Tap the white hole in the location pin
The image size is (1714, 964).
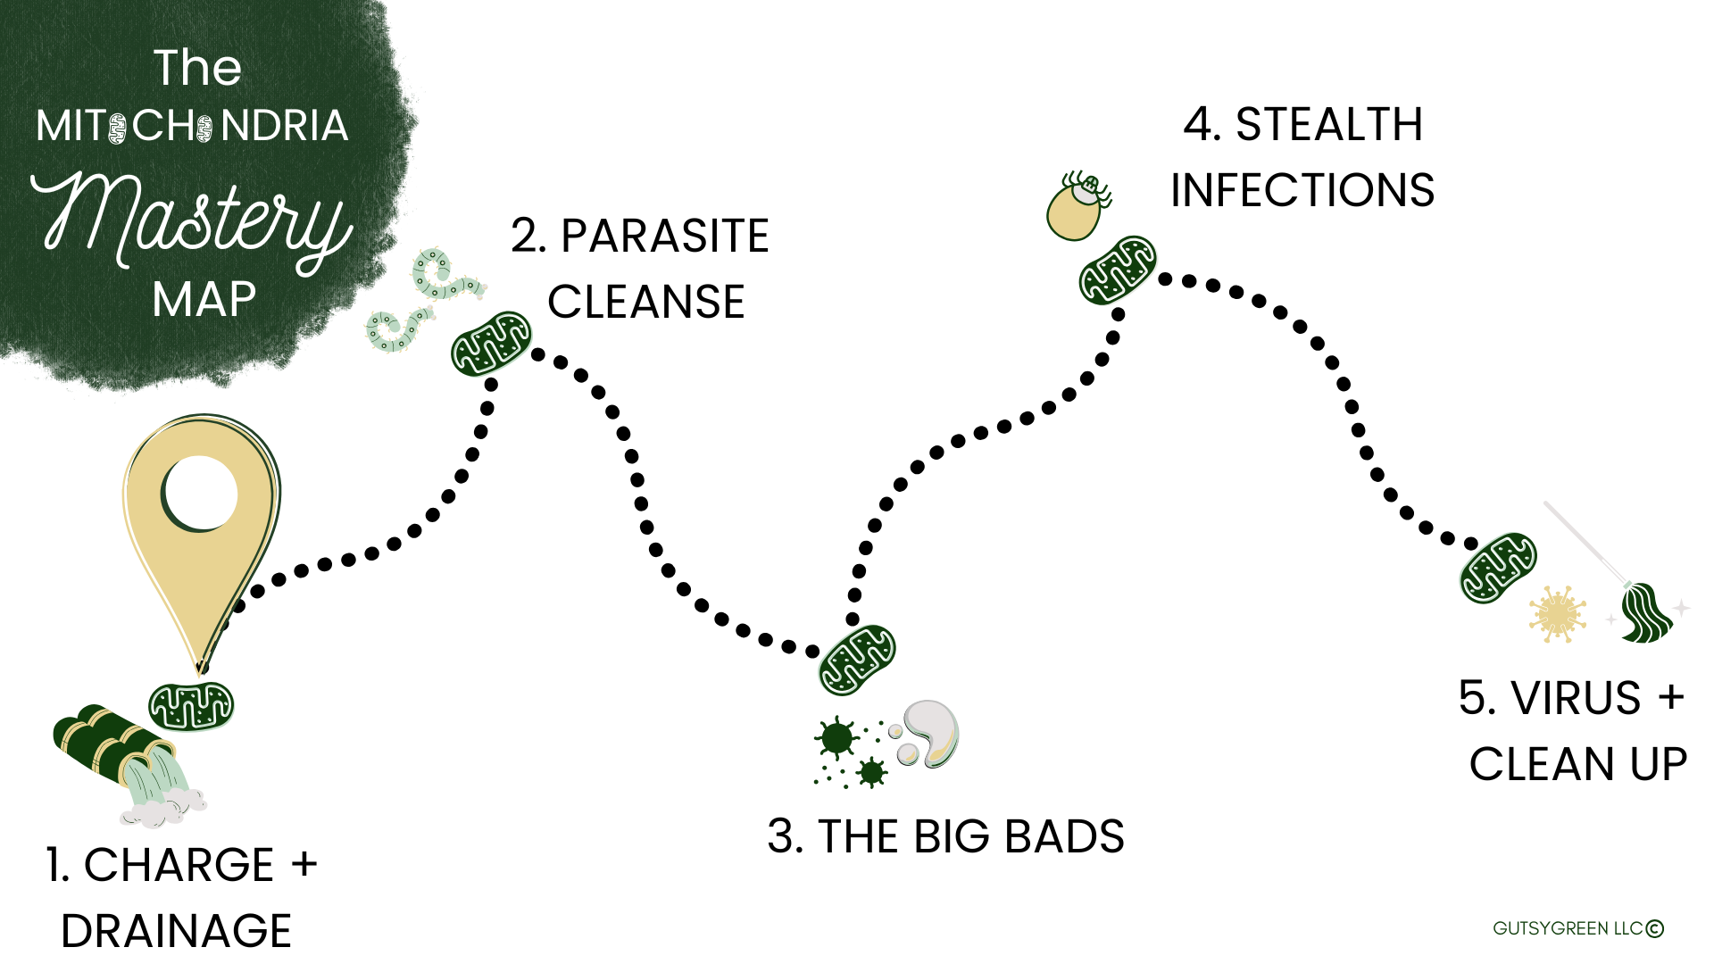coord(200,493)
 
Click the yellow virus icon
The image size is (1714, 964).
coord(1557,614)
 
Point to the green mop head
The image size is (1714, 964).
coord(1646,614)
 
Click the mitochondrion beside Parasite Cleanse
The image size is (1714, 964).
coord(491,344)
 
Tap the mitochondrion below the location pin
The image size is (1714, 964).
coord(190,706)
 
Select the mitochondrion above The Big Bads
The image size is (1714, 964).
coord(857,660)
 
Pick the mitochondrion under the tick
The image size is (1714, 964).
coord(1118,270)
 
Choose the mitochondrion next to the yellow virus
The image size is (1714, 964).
coord(1498,568)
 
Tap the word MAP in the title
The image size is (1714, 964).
coord(204,299)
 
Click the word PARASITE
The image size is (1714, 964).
coord(664,237)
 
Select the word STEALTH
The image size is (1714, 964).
coord(1328,125)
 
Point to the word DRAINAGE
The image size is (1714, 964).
coord(176,931)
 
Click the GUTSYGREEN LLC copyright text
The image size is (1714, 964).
coord(1577,928)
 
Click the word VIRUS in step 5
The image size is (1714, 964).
coord(1576,698)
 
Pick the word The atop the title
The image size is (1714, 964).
coord(197,68)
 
